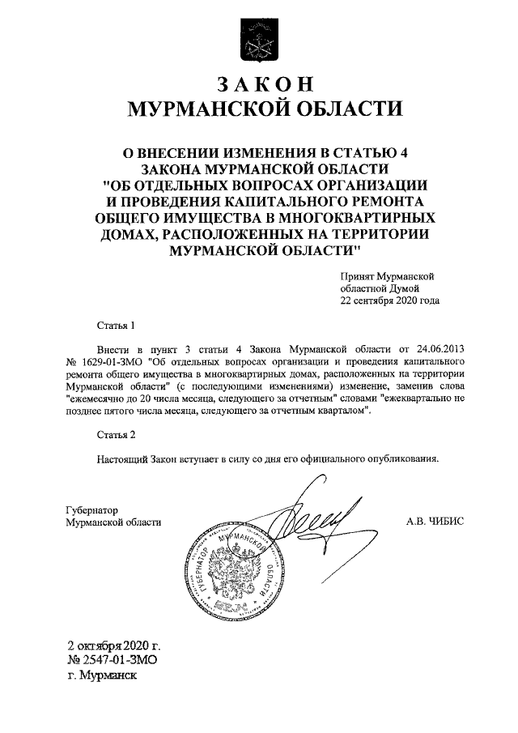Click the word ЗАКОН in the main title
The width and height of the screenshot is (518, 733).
260,85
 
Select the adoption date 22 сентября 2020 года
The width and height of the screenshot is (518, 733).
390,300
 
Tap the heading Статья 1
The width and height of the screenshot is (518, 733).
113,326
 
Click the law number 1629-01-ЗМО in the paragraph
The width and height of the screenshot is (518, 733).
110,361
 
